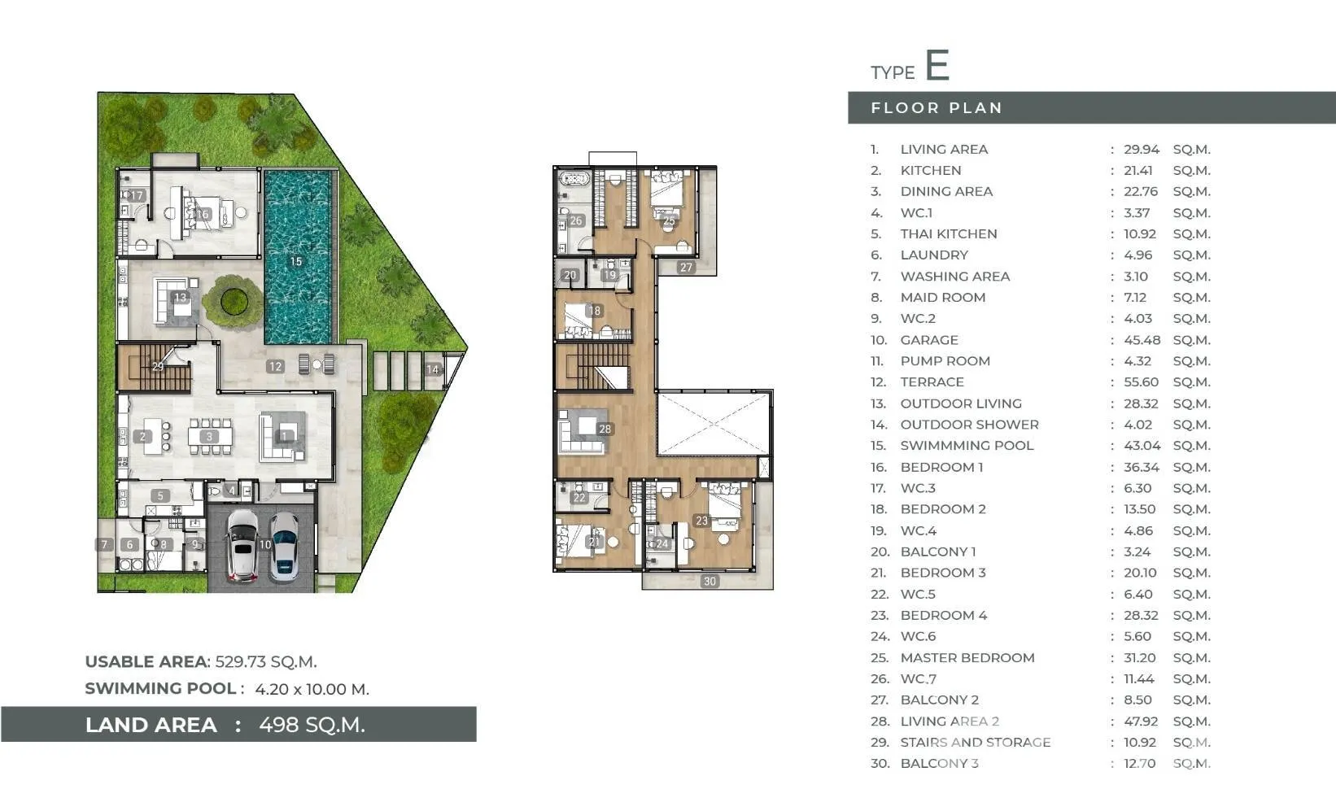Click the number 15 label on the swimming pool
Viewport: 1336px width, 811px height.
coord(296,261)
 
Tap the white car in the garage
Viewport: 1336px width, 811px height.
coord(242,545)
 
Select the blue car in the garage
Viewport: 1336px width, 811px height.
coord(285,547)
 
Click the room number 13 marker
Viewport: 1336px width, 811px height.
coord(180,297)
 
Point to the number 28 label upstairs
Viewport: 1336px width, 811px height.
coord(605,429)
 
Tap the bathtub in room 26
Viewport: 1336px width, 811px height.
coord(574,178)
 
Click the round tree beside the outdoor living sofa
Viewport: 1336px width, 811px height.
coord(234,301)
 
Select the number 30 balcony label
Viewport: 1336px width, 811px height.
coord(709,581)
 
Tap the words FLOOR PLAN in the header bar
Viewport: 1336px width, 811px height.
coord(937,108)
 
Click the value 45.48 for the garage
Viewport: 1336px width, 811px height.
coord(1142,340)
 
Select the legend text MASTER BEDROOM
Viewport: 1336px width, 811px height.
coord(967,658)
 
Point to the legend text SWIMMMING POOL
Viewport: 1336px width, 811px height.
coord(967,446)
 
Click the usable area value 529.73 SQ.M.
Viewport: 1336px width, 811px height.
coord(266,662)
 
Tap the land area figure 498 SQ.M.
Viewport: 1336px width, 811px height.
coord(312,725)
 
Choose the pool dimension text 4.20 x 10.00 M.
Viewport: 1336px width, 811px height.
coord(312,689)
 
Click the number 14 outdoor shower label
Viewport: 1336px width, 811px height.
coord(432,370)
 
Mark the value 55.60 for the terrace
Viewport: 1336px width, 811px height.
coord(1141,382)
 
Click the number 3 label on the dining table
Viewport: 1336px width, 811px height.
coord(209,437)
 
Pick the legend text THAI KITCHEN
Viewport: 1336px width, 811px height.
coord(949,233)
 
